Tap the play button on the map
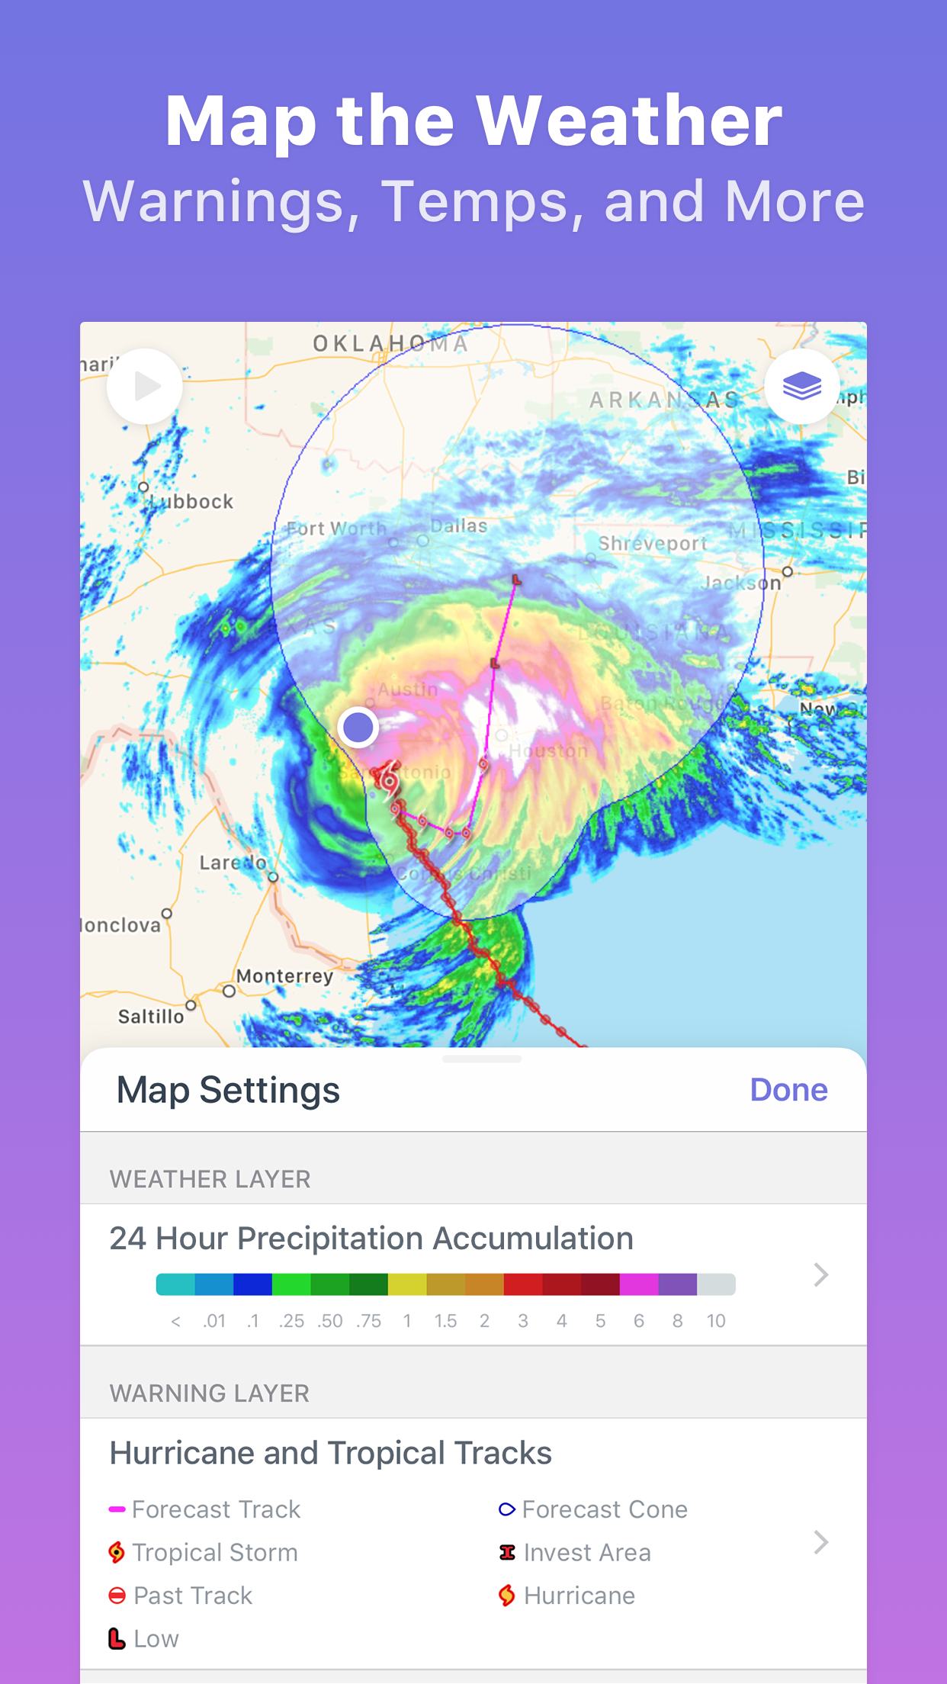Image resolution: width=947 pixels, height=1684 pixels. click(145, 387)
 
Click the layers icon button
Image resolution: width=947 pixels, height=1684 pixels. click(801, 387)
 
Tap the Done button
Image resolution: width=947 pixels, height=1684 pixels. click(788, 1090)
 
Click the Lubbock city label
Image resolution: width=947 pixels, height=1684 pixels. click(191, 502)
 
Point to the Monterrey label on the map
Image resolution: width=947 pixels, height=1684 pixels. click(284, 976)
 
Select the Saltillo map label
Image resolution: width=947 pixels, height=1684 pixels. click(151, 1017)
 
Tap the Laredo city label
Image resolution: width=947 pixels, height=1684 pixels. click(233, 863)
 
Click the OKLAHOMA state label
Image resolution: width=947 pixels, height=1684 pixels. click(390, 344)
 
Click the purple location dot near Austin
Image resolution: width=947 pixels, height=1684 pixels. click(358, 727)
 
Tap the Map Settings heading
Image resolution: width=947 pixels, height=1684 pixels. click(228, 1090)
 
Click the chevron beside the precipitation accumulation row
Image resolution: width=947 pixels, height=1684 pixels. click(820, 1274)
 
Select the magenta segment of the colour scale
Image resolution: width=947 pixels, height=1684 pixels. click(639, 1284)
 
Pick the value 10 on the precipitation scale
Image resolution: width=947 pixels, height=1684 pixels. click(715, 1321)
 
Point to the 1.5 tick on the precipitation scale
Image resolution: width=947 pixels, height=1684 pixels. click(445, 1321)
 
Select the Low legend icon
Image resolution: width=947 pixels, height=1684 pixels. click(117, 1638)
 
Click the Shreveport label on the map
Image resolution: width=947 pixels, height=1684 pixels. click(652, 544)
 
